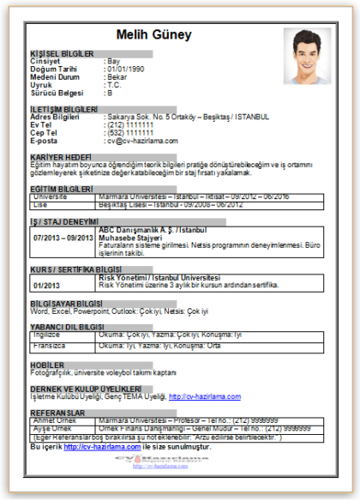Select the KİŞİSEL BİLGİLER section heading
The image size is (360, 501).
point(63,53)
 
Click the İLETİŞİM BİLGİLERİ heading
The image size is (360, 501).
point(63,110)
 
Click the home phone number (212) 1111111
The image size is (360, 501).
point(129,125)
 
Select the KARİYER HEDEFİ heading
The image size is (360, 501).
point(60,158)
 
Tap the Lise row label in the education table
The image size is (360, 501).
point(39,204)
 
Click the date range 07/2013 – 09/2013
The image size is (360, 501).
point(63,238)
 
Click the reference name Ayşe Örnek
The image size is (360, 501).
point(51,427)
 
